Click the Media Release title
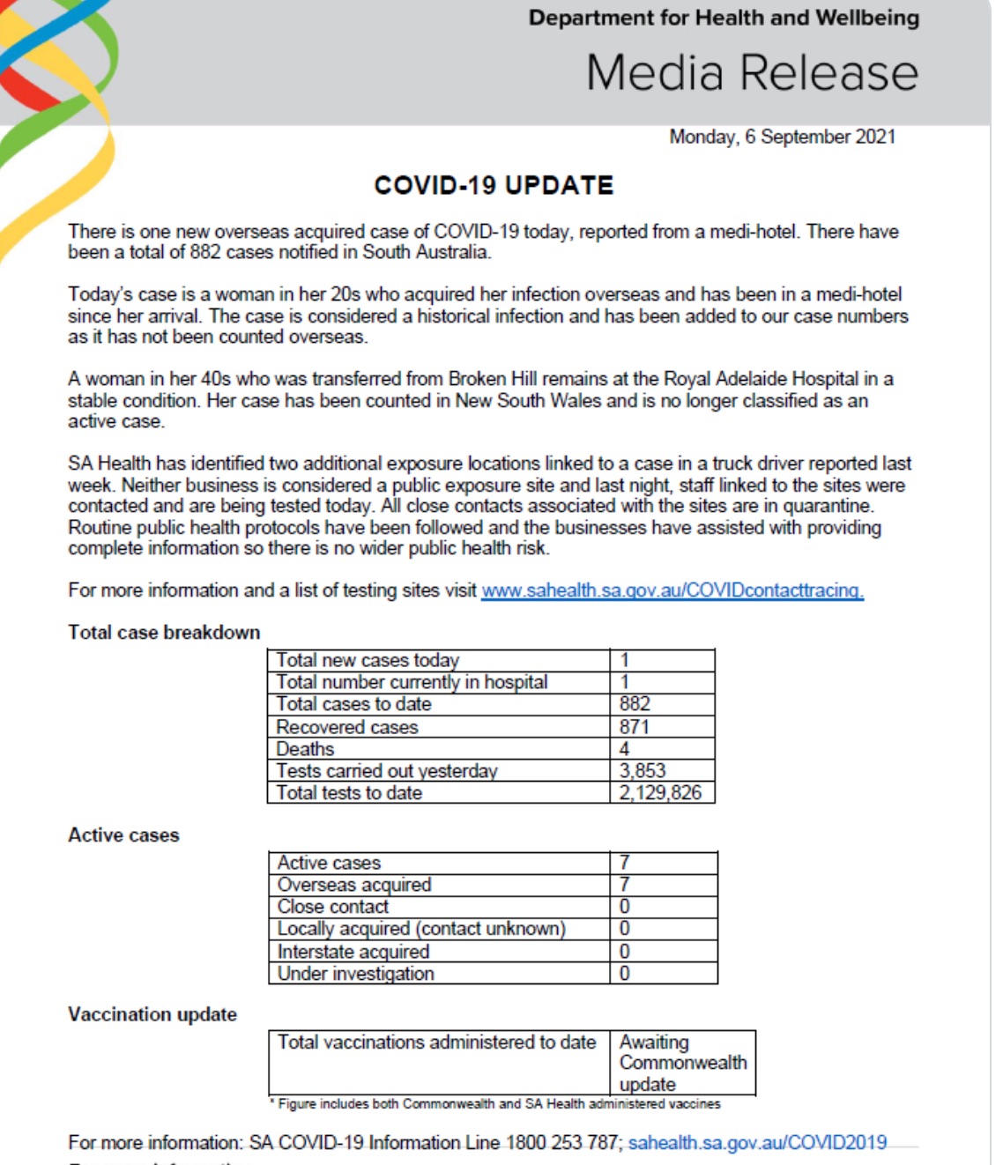coord(752,72)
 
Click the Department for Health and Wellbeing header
coord(724,18)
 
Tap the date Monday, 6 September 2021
coord(782,137)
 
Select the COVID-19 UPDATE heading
coord(494,185)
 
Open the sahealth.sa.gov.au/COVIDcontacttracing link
coord(672,590)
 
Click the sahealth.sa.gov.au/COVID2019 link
coord(757,1143)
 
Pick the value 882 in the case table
coord(635,704)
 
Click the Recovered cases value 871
coord(635,727)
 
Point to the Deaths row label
coord(305,749)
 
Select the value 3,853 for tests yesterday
coord(643,771)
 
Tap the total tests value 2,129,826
coord(660,793)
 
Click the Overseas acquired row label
coord(354,885)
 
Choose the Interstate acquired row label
coord(353,952)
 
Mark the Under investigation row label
coord(355,974)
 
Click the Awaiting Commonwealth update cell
coord(681,1063)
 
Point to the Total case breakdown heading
coord(164,633)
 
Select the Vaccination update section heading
coord(152,1014)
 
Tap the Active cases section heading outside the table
coord(123,835)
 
